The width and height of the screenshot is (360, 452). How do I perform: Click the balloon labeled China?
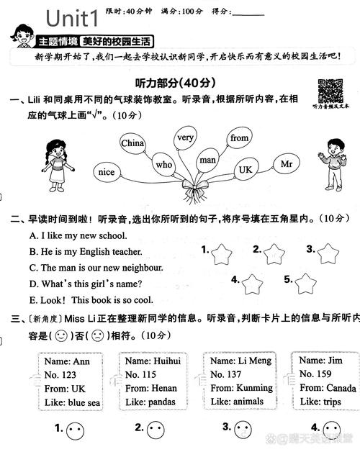point(132,143)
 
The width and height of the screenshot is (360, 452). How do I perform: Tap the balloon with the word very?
point(186,137)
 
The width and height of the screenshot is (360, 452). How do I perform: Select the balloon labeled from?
point(239,137)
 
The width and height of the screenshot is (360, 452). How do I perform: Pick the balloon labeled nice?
point(106,172)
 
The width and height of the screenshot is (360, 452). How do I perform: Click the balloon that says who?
point(164,165)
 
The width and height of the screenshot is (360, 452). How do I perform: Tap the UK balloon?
point(246,169)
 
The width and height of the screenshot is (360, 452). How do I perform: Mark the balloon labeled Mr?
point(286,164)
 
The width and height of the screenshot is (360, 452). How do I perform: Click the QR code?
point(330,91)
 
